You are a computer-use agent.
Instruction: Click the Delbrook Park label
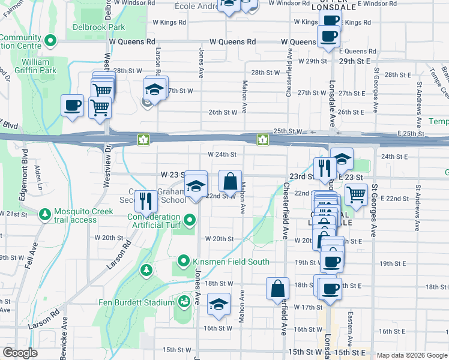pyautogui.click(x=99, y=27)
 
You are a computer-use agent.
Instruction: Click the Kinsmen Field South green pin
pyautogui.click(x=184, y=262)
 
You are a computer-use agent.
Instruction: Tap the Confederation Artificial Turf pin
pyautogui.click(x=190, y=221)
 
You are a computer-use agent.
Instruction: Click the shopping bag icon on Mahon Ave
pyautogui.click(x=231, y=182)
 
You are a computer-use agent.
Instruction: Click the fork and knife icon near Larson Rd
pyautogui.click(x=146, y=201)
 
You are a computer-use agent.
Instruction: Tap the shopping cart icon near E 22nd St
pyautogui.click(x=357, y=194)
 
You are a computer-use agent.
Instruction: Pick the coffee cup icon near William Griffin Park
pyautogui.click(x=72, y=106)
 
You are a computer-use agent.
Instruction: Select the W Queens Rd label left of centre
pyautogui.click(x=232, y=42)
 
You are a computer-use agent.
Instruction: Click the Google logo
pyautogui.click(x=20, y=353)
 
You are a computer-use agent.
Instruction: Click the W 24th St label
pyautogui.click(x=223, y=154)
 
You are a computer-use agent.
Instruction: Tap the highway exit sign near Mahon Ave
pyautogui.click(x=262, y=140)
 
